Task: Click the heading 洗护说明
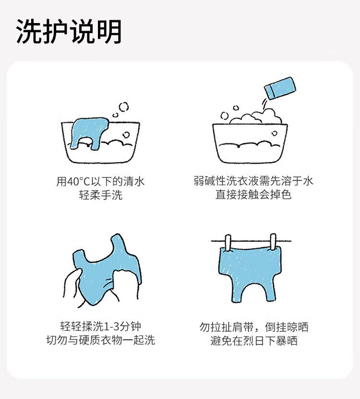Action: [x=69, y=32]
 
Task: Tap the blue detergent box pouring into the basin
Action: [x=280, y=88]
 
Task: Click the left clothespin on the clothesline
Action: [x=228, y=243]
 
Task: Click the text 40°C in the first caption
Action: [x=79, y=181]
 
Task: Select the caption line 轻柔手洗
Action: [x=100, y=195]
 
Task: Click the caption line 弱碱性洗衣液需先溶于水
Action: [x=253, y=181]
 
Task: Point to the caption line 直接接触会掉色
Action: [x=253, y=194]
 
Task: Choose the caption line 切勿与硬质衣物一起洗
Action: [x=100, y=340]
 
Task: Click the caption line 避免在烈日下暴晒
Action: [x=253, y=341]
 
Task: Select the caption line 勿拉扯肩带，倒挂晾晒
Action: [x=253, y=327]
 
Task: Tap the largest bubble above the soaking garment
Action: [x=124, y=107]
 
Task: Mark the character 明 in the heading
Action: [x=109, y=32]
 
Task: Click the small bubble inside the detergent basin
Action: [x=274, y=133]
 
